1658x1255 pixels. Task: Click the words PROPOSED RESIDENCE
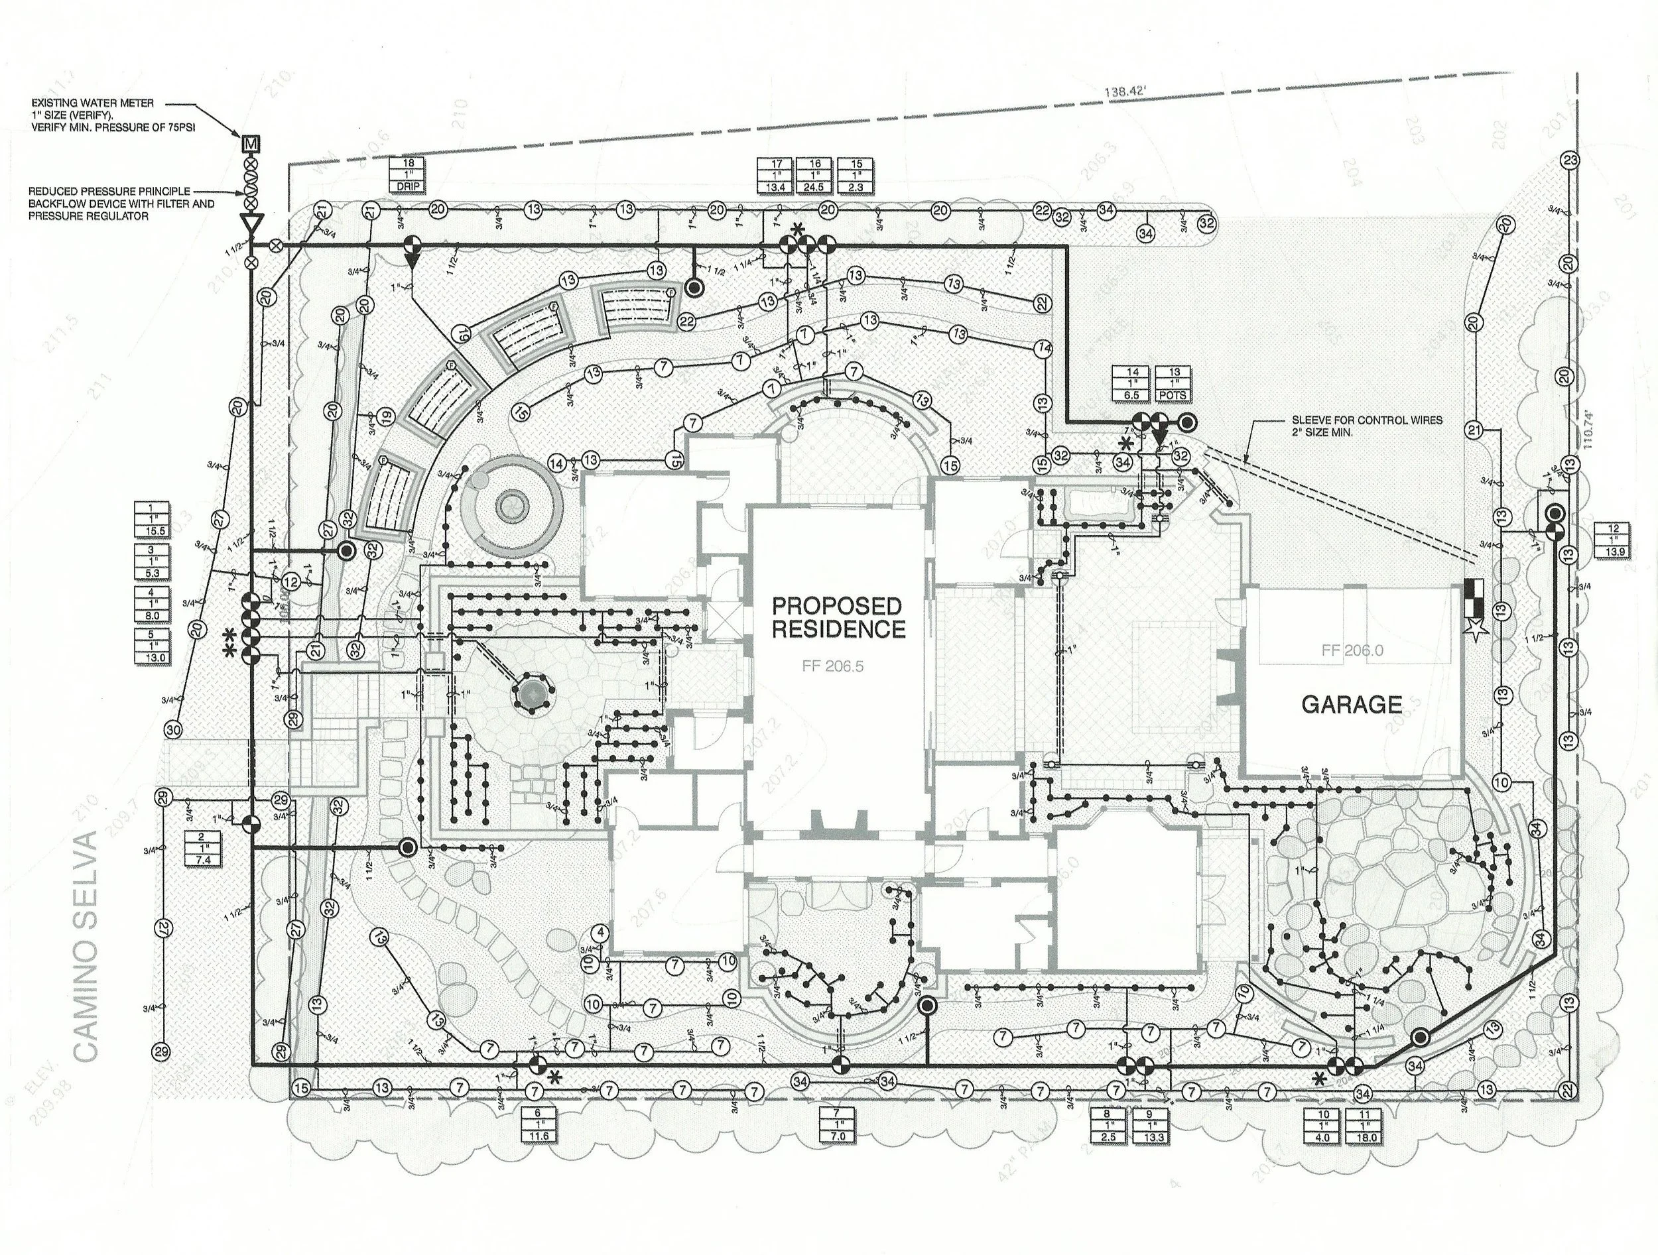click(x=837, y=617)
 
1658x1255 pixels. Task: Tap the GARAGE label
click(x=1352, y=704)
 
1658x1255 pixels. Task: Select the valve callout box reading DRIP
click(x=409, y=174)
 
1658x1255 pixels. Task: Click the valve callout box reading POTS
click(x=1173, y=383)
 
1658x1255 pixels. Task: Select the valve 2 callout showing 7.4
click(x=202, y=848)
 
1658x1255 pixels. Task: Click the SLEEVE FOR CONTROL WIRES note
click(x=1366, y=426)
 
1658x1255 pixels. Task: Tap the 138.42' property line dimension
click(x=1125, y=92)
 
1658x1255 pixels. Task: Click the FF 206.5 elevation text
click(x=833, y=666)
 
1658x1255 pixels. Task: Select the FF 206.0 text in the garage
click(x=1353, y=650)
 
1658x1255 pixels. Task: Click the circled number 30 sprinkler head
click(x=173, y=730)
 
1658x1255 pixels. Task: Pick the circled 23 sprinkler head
click(x=1570, y=160)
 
